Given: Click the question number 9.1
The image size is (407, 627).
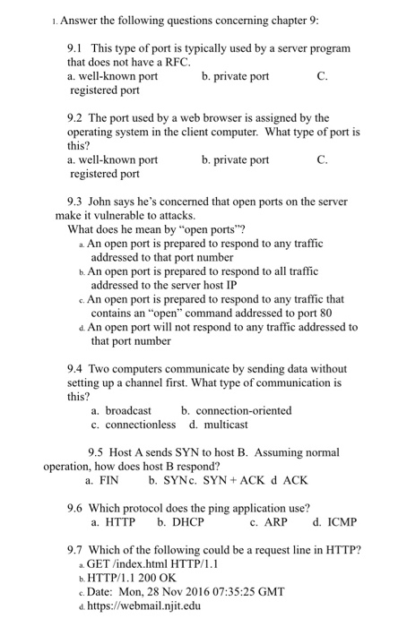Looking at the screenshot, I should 76,47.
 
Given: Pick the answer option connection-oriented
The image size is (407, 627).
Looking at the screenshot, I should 237,410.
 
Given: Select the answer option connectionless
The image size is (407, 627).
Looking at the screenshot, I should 134,425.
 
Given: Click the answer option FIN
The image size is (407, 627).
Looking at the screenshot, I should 111,481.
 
